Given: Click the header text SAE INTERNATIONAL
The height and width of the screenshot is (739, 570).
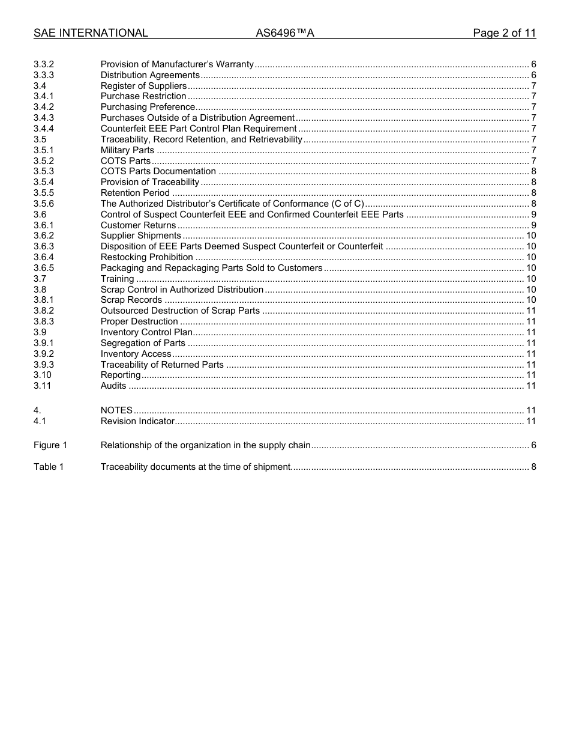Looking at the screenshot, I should (91, 34).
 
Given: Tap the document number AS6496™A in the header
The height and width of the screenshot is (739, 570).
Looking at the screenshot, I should (285, 34).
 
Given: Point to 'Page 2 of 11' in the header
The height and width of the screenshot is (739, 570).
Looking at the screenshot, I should (504, 34).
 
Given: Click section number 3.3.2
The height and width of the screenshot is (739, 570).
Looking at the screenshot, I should (44, 64).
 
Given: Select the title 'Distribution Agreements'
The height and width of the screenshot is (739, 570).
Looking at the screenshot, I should (150, 75).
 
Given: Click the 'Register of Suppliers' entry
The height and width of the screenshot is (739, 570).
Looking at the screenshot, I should (143, 86).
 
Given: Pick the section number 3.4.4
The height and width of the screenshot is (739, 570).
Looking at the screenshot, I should (44, 129).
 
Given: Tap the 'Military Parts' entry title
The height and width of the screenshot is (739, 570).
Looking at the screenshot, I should (127, 150).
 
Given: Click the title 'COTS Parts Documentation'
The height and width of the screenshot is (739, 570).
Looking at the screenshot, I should (158, 171).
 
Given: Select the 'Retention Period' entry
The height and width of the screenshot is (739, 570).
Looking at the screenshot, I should (135, 193).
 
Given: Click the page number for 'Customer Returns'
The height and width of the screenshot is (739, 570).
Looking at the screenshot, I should (533, 225).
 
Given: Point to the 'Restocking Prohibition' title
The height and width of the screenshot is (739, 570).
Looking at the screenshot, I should (146, 257).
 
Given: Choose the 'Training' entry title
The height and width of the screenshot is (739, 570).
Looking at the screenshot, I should (117, 279).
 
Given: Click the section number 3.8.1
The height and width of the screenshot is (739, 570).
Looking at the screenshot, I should (44, 300).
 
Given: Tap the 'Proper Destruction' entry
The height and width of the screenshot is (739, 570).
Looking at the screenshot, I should (139, 321).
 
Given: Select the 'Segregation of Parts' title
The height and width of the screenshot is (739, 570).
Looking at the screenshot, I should (143, 343).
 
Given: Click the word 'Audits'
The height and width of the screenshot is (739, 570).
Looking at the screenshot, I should (113, 386).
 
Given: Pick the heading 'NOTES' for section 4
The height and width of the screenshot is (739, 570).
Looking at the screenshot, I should (116, 410).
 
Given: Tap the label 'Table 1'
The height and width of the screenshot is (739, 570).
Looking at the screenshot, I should (49, 467).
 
